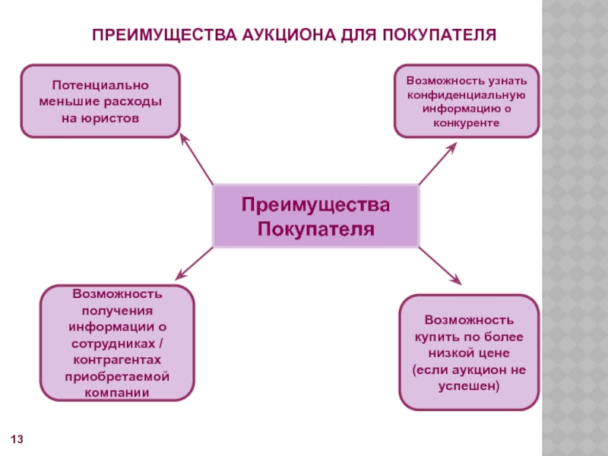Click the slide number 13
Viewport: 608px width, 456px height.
[x=17, y=440]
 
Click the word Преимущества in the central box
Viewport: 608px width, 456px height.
[x=315, y=205]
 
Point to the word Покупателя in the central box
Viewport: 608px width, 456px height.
[x=315, y=229]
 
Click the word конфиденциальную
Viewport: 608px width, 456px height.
[x=467, y=94]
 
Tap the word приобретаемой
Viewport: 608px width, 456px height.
[x=117, y=376]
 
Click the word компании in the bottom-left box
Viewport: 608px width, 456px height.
[x=117, y=393]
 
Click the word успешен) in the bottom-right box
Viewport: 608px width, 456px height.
[x=469, y=386]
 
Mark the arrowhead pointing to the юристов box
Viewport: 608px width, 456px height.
[x=182, y=138]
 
